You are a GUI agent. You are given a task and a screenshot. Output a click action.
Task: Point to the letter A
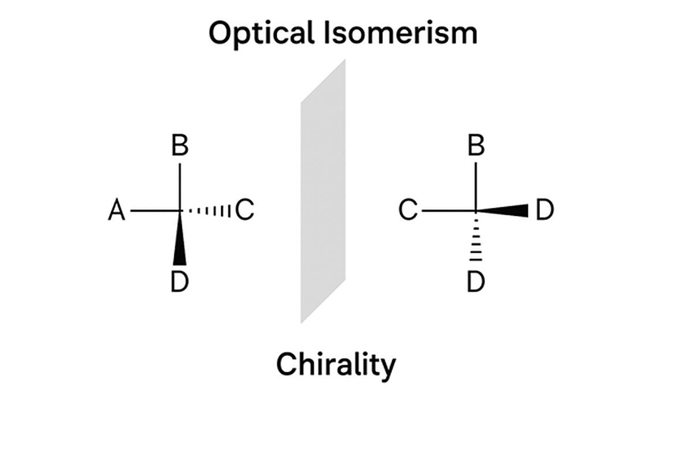point(117,212)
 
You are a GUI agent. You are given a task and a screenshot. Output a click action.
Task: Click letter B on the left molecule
point(180,147)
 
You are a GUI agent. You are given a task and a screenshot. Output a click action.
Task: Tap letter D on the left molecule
point(180,282)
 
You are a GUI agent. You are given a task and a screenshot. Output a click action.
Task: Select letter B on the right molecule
point(476,147)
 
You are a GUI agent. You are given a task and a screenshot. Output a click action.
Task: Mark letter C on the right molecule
point(408,212)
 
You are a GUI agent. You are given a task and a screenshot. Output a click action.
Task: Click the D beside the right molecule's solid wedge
point(544,212)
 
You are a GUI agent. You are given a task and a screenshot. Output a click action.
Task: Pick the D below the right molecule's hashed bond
point(476,282)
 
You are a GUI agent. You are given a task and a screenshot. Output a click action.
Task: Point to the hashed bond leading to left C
point(208,212)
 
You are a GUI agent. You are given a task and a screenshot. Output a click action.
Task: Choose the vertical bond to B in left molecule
point(180,186)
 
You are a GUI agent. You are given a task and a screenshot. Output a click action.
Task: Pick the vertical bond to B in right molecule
point(476,186)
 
